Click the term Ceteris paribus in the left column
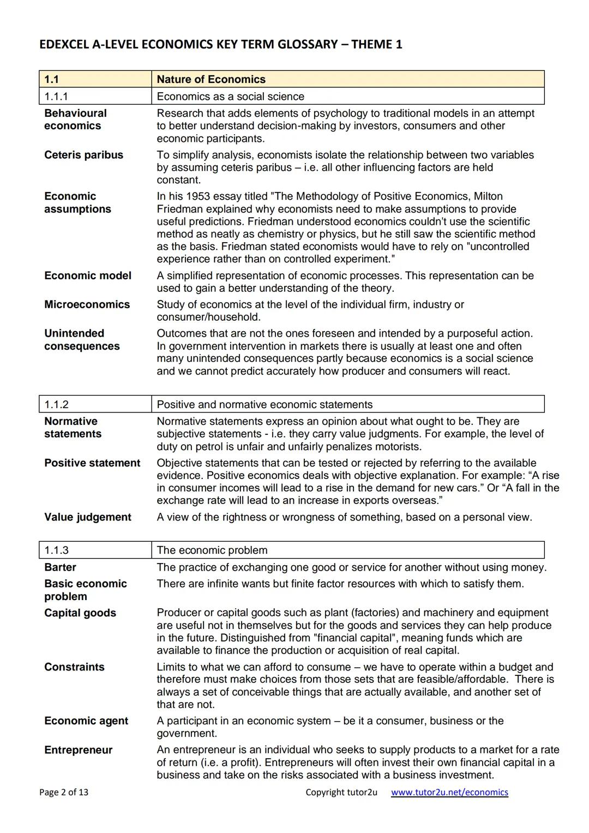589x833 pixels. [83, 155]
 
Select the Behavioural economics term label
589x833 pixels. [75, 119]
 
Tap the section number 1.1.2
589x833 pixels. [56, 404]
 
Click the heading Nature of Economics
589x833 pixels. [211, 79]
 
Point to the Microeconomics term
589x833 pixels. [87, 304]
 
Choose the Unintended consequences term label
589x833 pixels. [82, 340]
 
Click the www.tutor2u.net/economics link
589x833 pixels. [449, 792]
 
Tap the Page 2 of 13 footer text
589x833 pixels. [63, 792]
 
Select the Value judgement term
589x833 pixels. [88, 517]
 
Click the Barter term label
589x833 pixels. [60, 567]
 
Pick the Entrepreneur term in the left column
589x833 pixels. [78, 750]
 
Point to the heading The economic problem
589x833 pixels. [212, 550]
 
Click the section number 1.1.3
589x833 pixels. [56, 550]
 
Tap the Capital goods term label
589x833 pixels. [80, 613]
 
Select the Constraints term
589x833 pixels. [74, 667]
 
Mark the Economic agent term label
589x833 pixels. [86, 721]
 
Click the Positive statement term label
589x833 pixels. [92, 463]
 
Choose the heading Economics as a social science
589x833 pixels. [230, 97]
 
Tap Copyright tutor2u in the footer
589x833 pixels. [341, 792]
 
